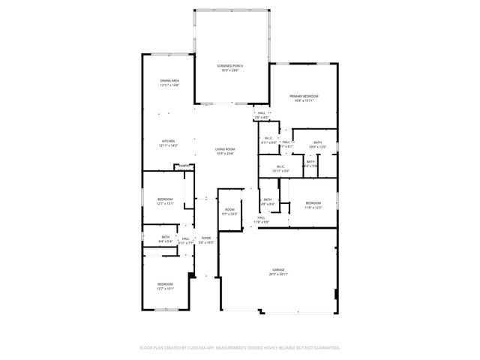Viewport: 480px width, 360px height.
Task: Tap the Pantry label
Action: tap(183, 166)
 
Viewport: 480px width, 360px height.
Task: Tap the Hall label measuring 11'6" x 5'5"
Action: tap(261, 220)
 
